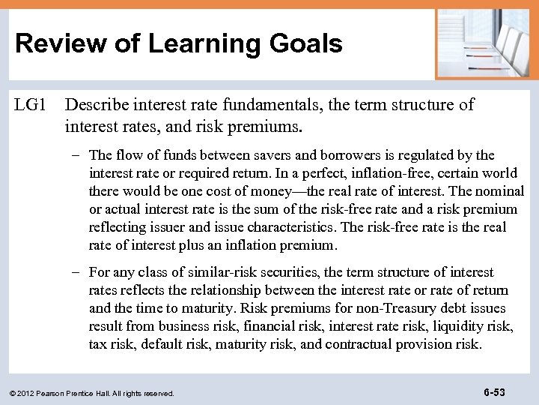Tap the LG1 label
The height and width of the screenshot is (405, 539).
(x=31, y=105)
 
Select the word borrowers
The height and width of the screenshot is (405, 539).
(x=343, y=155)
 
